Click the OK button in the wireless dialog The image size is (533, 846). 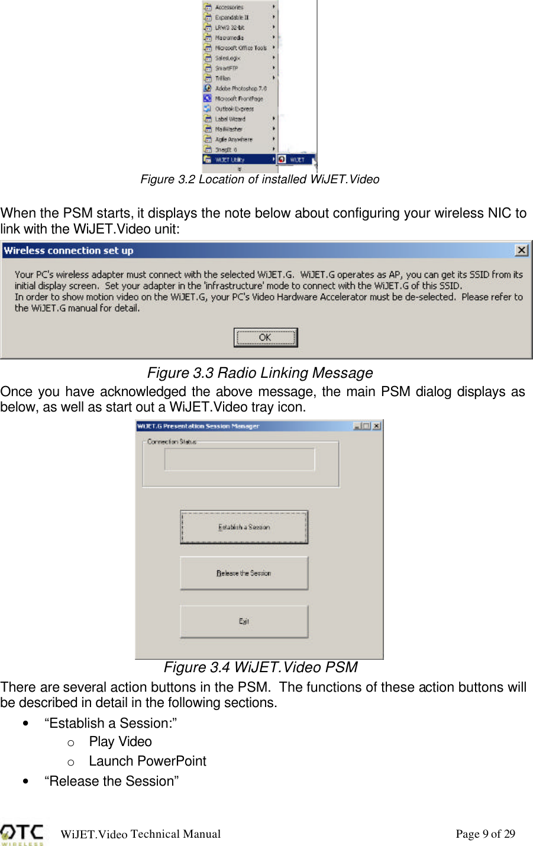click(265, 338)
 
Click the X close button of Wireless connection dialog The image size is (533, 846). click(521, 250)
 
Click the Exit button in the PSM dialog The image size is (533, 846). click(244, 621)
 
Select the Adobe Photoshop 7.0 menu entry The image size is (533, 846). click(240, 88)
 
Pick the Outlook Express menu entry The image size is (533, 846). click(234, 109)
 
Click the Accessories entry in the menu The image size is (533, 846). click(229, 7)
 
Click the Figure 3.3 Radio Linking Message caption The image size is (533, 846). click(260, 373)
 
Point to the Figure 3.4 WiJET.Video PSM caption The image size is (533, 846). click(260, 667)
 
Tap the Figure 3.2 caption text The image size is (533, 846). click(260, 179)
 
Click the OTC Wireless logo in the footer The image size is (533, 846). click(22, 834)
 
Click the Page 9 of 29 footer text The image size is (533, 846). click(485, 834)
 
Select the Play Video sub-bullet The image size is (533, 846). click(120, 741)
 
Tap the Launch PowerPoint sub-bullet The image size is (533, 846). click(147, 761)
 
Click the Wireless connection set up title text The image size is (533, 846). click(69, 251)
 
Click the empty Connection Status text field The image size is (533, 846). click(240, 459)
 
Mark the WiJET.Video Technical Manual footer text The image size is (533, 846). click(141, 834)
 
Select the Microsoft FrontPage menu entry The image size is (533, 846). click(238, 99)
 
